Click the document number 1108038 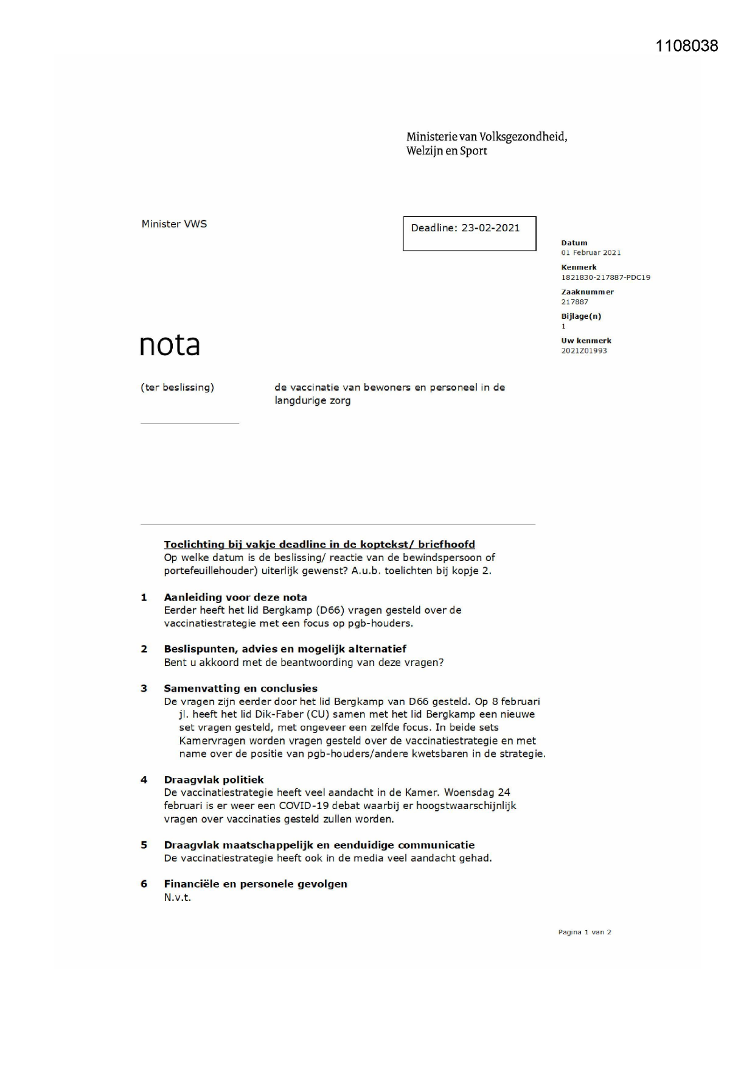tap(686, 46)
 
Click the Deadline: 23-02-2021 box tap(469, 233)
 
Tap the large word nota tap(170, 345)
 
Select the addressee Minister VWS tap(174, 224)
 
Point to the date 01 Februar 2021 tap(591, 252)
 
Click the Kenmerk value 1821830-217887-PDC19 tap(605, 277)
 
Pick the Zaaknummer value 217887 tap(574, 302)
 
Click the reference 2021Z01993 tap(583, 351)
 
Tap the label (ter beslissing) tap(177, 388)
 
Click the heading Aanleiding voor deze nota tap(235, 597)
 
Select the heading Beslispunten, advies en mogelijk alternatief tap(285, 649)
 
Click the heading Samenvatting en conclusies tap(240, 689)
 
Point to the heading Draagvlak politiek tap(214, 780)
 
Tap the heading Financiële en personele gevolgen tap(256, 884)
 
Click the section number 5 tap(144, 845)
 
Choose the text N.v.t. tap(177, 897)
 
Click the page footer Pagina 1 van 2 tap(584, 932)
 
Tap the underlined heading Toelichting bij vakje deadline tap(319, 544)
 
